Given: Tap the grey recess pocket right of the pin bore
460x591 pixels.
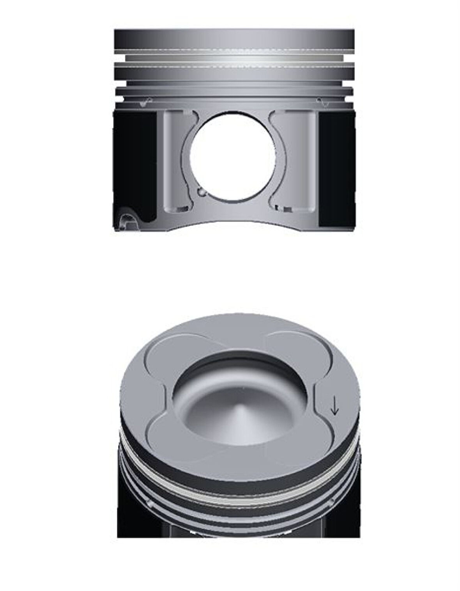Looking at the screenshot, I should coord(296,160).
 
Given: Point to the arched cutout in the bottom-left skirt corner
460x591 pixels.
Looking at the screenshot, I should coord(127,222).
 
